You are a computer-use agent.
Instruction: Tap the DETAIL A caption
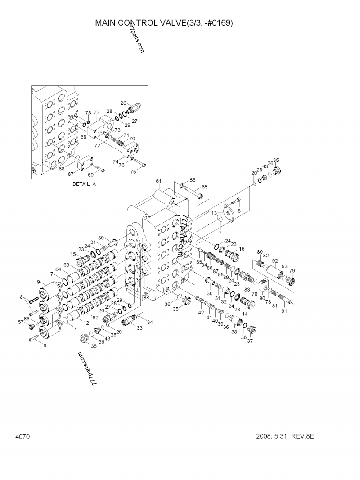pos(84,184)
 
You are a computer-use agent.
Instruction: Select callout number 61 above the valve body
pos(158,181)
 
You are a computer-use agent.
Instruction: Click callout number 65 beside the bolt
pos(204,187)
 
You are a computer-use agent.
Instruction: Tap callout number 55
pos(193,180)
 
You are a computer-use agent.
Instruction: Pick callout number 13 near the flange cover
pos(214,213)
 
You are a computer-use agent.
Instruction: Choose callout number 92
pos(275,260)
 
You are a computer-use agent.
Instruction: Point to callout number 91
pos(284,310)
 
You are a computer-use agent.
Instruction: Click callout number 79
pos(292,270)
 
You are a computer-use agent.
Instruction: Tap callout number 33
pos(139,328)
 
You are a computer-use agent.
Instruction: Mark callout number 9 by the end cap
pos(38,282)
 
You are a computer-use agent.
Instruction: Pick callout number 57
pos(20,322)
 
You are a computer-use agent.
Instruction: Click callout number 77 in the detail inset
pos(96,112)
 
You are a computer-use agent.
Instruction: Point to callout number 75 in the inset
pos(133,171)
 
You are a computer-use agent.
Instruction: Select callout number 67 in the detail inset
pos(71,174)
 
